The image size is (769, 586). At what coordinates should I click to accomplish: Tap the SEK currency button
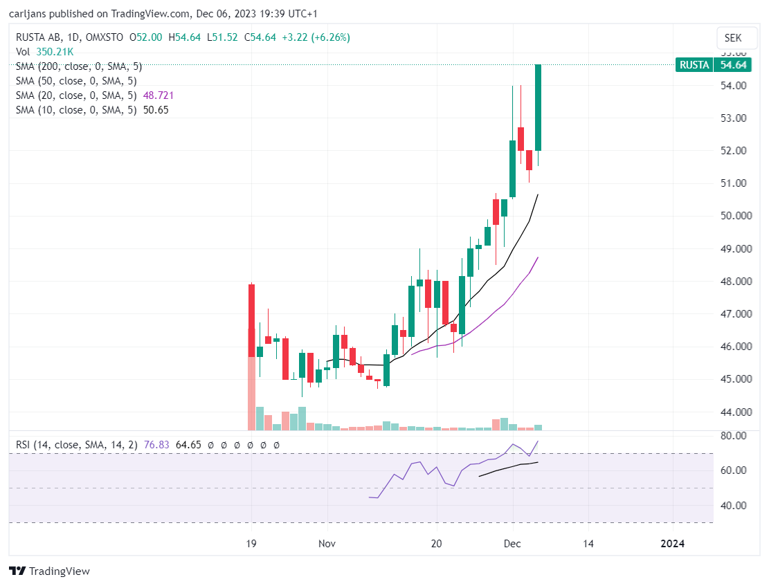[x=733, y=38]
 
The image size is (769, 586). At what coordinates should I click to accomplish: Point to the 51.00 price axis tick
[x=733, y=183]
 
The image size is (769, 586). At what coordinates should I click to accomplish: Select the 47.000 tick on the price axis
[x=736, y=314]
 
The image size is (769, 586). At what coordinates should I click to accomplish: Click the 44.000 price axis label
[x=736, y=412]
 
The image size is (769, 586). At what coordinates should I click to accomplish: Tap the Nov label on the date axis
[x=327, y=543]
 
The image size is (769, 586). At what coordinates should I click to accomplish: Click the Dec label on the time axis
[x=512, y=543]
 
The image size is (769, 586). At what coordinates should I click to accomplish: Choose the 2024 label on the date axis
[x=672, y=543]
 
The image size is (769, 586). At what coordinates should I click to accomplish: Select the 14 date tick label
[x=588, y=543]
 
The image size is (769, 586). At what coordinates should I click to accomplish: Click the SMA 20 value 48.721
[x=159, y=95]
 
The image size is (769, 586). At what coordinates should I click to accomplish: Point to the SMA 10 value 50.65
[x=156, y=110]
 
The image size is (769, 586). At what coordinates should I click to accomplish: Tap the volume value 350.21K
[x=55, y=51]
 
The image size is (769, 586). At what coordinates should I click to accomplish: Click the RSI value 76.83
[x=156, y=445]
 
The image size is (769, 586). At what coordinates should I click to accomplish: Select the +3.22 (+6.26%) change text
[x=316, y=37]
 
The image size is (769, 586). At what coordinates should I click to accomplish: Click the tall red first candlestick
[x=251, y=320]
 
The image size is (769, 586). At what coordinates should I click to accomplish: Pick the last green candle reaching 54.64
[x=538, y=107]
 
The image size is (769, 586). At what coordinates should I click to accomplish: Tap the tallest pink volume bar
[x=251, y=393]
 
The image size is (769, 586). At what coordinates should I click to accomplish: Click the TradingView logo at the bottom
[x=50, y=571]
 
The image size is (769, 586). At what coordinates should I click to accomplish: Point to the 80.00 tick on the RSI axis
[x=733, y=435]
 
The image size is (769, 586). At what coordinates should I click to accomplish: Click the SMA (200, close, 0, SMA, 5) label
[x=79, y=66]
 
